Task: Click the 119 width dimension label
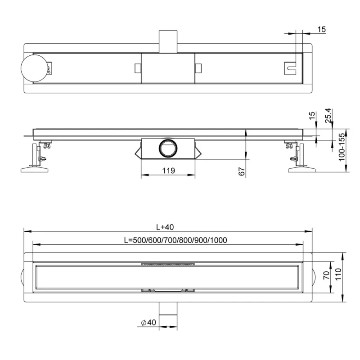pos(168,171)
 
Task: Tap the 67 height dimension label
pos(242,171)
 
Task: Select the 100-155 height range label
pos(342,147)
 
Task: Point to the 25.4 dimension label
pos(328,116)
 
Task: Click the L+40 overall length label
pos(165,227)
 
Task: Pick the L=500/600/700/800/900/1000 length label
pos(175,240)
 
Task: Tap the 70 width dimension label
pos(327,275)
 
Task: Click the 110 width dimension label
pos(338,274)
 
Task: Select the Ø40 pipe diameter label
pos(148,322)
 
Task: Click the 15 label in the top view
pos(321,29)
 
